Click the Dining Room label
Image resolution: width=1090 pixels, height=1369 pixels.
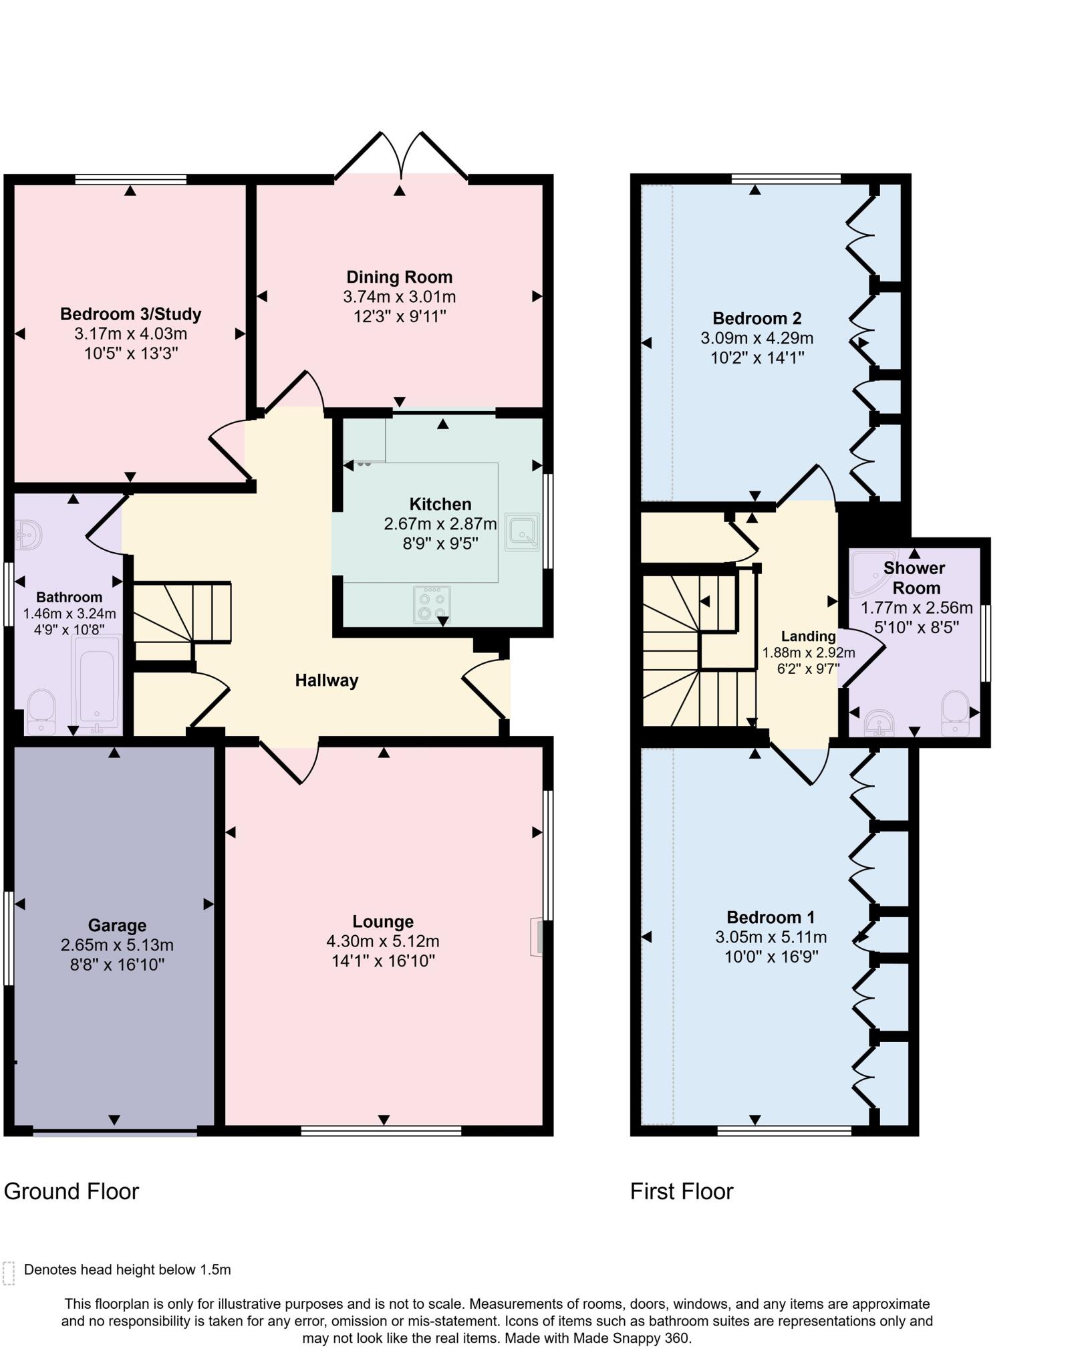(399, 277)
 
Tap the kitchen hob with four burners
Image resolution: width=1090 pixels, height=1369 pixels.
(432, 604)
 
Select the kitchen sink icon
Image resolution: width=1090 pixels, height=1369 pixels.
(522, 531)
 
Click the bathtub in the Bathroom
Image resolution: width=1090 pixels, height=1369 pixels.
(98, 682)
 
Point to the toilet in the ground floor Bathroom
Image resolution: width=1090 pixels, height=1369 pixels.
(41, 711)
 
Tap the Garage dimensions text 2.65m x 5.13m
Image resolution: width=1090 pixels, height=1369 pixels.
(117, 945)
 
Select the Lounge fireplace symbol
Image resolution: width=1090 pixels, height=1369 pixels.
(537, 937)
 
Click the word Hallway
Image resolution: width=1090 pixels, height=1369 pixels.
(327, 680)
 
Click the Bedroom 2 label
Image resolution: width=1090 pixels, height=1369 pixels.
(757, 318)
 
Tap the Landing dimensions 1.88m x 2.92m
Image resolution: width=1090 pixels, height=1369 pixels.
(809, 652)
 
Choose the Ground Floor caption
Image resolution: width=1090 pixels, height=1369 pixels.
(72, 1191)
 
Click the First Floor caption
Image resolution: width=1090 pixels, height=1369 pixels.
(682, 1191)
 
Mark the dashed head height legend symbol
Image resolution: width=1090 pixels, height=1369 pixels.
(9, 1273)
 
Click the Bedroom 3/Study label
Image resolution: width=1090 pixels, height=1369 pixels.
(130, 314)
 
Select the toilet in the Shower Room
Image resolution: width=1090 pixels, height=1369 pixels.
(954, 713)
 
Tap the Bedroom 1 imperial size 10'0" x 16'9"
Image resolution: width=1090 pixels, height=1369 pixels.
(771, 957)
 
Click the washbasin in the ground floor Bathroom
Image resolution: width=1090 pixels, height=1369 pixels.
(28, 535)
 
